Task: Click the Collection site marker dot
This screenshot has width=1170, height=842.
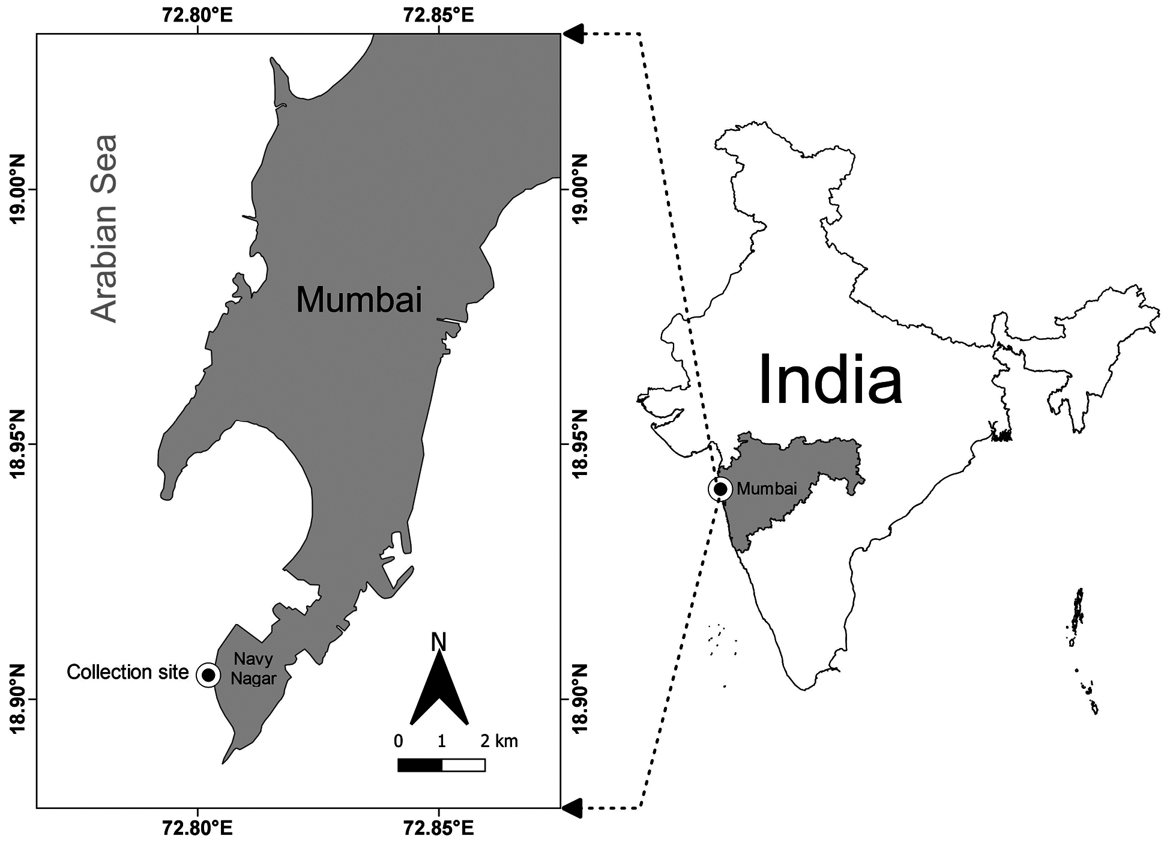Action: tap(208, 675)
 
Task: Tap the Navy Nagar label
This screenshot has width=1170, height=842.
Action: tap(253, 669)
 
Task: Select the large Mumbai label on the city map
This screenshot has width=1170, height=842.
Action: tap(359, 300)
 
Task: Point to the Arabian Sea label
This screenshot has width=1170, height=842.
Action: tap(104, 228)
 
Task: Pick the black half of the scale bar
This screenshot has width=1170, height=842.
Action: tap(420, 765)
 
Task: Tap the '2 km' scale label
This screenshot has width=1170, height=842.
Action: tap(499, 741)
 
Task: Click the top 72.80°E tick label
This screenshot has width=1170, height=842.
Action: tap(197, 15)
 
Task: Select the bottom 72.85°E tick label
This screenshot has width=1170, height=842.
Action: tap(438, 829)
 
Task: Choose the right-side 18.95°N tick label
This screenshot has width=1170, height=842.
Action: tap(579, 445)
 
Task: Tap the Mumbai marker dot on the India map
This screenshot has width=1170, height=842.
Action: tap(720, 489)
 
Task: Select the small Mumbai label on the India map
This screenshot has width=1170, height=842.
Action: tap(767, 488)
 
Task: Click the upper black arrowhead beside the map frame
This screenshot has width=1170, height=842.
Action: tap(573, 34)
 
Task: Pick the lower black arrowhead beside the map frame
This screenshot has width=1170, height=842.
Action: tap(573, 808)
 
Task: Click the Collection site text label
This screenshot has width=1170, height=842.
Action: tap(127, 672)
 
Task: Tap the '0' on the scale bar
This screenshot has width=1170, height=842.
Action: tap(398, 741)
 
